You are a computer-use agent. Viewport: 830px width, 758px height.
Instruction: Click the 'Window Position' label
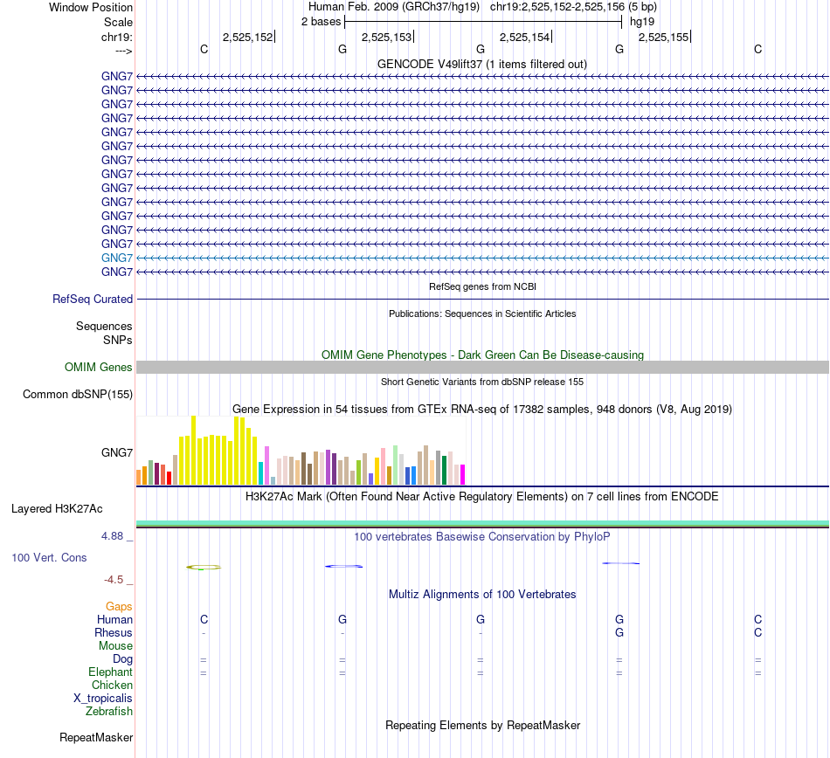pyautogui.click(x=91, y=7)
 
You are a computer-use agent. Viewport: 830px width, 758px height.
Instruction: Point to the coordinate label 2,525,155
pyautogui.click(x=663, y=37)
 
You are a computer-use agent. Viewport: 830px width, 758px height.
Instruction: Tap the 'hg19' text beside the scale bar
pyautogui.click(x=642, y=21)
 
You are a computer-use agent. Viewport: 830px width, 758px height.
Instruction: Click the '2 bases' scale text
pyautogui.click(x=320, y=21)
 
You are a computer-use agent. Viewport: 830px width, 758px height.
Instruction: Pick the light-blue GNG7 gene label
pyautogui.click(x=117, y=258)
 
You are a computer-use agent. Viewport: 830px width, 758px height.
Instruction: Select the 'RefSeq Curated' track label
pyautogui.click(x=93, y=299)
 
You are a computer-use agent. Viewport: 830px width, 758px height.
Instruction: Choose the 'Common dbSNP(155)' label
pyautogui.click(x=78, y=394)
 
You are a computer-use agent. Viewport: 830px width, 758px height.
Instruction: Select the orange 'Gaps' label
pyautogui.click(x=119, y=606)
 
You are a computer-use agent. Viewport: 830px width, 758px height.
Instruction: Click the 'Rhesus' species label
pyautogui.click(x=114, y=632)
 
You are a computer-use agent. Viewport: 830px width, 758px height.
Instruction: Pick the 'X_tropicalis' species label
pyautogui.click(x=103, y=699)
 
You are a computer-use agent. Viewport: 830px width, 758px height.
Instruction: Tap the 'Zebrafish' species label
pyautogui.click(x=109, y=712)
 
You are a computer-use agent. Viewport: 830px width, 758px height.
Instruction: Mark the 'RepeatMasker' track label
pyautogui.click(x=96, y=738)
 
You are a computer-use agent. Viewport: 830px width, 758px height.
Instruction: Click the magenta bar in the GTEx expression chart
pyautogui.click(x=462, y=474)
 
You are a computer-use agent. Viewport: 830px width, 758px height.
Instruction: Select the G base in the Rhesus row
pyautogui.click(x=619, y=632)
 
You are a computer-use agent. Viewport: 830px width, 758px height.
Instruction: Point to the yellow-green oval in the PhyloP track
pyautogui.click(x=204, y=567)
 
